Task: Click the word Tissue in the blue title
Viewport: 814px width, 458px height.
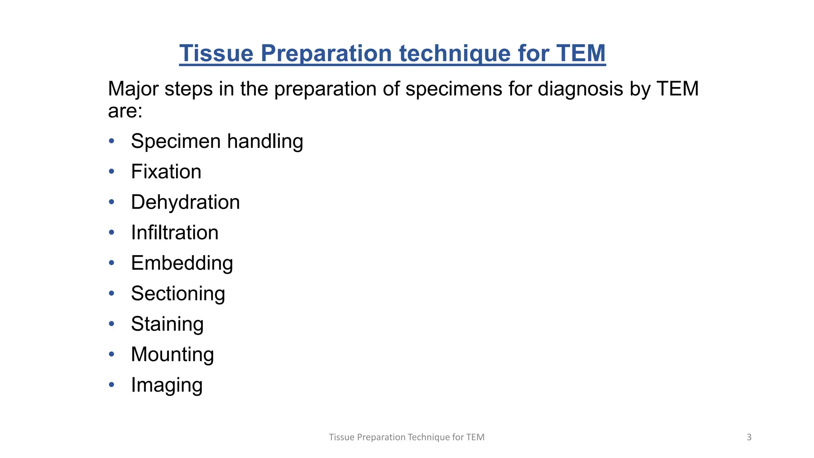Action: point(216,53)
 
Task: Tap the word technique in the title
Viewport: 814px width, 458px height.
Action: point(455,53)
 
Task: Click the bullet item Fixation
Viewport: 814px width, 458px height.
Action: point(166,172)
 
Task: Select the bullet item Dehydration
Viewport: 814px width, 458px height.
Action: point(185,202)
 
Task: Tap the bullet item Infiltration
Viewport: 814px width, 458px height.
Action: point(174,233)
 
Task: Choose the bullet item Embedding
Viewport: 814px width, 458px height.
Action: point(182,263)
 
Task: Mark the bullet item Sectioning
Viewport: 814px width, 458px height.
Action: point(178,294)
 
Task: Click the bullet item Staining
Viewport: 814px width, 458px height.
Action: point(167,324)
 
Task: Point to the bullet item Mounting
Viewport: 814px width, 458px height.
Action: point(172,355)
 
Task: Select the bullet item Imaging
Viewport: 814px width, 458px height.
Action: point(167,385)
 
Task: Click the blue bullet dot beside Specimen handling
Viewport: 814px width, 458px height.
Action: point(112,141)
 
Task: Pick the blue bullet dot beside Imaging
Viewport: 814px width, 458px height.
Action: point(112,384)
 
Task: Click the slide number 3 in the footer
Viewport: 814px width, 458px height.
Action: point(749,437)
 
